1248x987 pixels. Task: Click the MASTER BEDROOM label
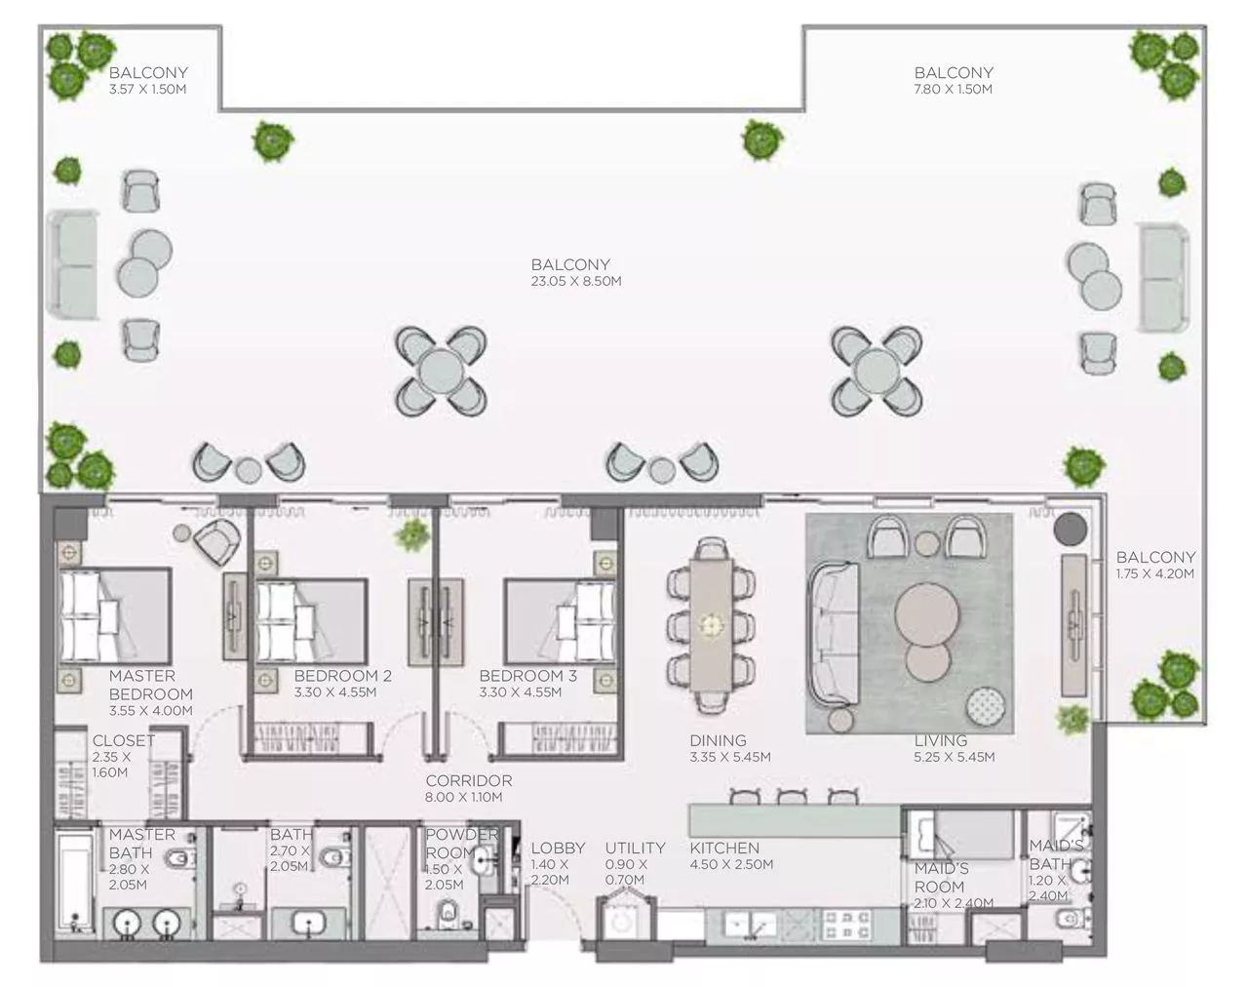[150, 685]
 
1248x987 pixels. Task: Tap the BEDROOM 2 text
[342, 676]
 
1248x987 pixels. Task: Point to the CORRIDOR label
[468, 780]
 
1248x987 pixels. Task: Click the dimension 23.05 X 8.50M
[575, 281]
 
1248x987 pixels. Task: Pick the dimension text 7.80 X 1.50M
[953, 89]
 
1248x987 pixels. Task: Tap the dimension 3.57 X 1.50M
[147, 89]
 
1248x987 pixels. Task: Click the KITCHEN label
[723, 848]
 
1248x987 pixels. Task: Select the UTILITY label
[635, 848]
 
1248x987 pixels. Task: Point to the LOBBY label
[558, 848]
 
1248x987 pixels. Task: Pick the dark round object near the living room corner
[1070, 530]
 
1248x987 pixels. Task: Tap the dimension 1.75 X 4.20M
[1155, 573]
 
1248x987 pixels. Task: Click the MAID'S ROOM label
[940, 877]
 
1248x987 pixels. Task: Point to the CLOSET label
[123, 740]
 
